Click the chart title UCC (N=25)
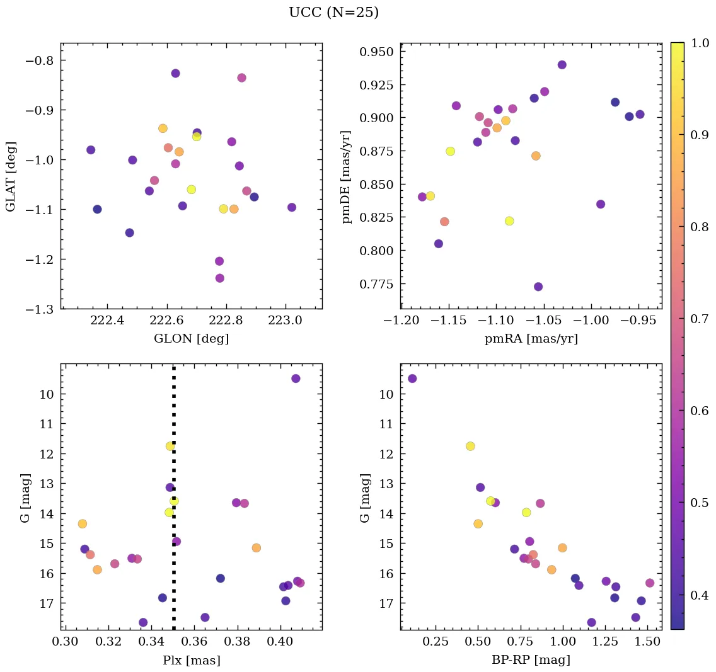(333, 13)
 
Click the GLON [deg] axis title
(191, 339)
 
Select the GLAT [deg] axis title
(11, 176)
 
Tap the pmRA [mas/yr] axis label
(531, 339)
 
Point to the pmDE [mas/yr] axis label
(346, 176)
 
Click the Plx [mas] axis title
(191, 661)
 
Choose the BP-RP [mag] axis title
(531, 661)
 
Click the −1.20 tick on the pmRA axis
(401, 322)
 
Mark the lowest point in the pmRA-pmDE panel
(538, 287)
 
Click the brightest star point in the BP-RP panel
(412, 379)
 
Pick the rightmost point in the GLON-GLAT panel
(292, 207)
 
